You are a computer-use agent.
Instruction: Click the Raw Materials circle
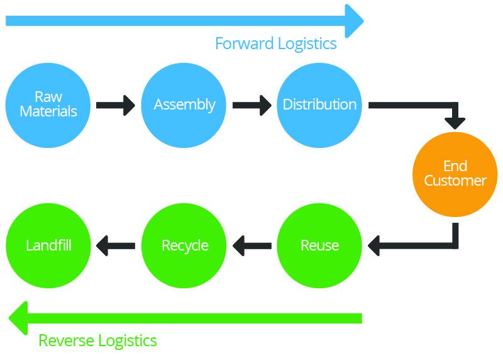tap(48, 104)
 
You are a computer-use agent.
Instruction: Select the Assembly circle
tap(184, 104)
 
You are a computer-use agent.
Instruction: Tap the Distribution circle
tap(319, 104)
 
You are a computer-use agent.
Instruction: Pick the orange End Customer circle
tap(455, 173)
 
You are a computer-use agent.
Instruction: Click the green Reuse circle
tap(319, 245)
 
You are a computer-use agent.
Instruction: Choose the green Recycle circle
tap(184, 245)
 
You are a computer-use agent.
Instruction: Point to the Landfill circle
tap(48, 245)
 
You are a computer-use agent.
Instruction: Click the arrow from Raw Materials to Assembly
tap(116, 104)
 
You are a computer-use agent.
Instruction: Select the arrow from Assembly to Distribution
tap(251, 104)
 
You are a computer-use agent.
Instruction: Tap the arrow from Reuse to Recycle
tap(251, 245)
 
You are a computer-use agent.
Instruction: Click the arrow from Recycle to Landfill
tap(116, 245)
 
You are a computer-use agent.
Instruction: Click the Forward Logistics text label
tap(275, 43)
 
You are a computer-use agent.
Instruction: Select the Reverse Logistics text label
tap(97, 340)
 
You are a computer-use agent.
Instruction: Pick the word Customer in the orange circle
tap(455, 181)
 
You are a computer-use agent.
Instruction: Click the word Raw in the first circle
tap(48, 97)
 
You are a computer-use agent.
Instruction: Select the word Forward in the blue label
tap(242, 43)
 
